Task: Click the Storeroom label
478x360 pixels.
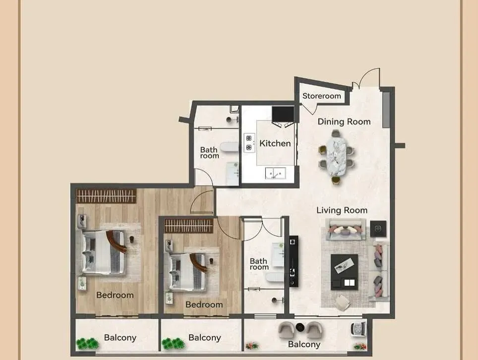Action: coord(322,96)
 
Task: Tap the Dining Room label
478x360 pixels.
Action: coord(344,121)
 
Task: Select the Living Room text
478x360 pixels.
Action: coord(342,210)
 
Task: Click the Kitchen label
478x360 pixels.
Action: coord(275,143)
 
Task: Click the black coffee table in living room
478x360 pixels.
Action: coord(345,272)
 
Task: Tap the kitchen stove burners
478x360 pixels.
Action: coord(249,143)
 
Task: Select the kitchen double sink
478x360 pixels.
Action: coord(276,174)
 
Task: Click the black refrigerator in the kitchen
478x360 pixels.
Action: coord(283,114)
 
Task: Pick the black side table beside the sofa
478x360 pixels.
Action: coord(378,229)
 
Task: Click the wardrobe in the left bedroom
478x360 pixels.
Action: coord(106,196)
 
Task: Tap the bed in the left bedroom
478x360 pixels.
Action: coord(104,252)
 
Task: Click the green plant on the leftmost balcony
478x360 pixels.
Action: coord(87,344)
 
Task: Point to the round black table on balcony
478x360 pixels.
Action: coord(300,327)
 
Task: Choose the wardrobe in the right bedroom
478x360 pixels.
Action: coord(189,226)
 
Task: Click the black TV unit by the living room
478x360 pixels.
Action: coord(294,261)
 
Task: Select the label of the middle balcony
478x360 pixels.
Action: coord(205,338)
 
